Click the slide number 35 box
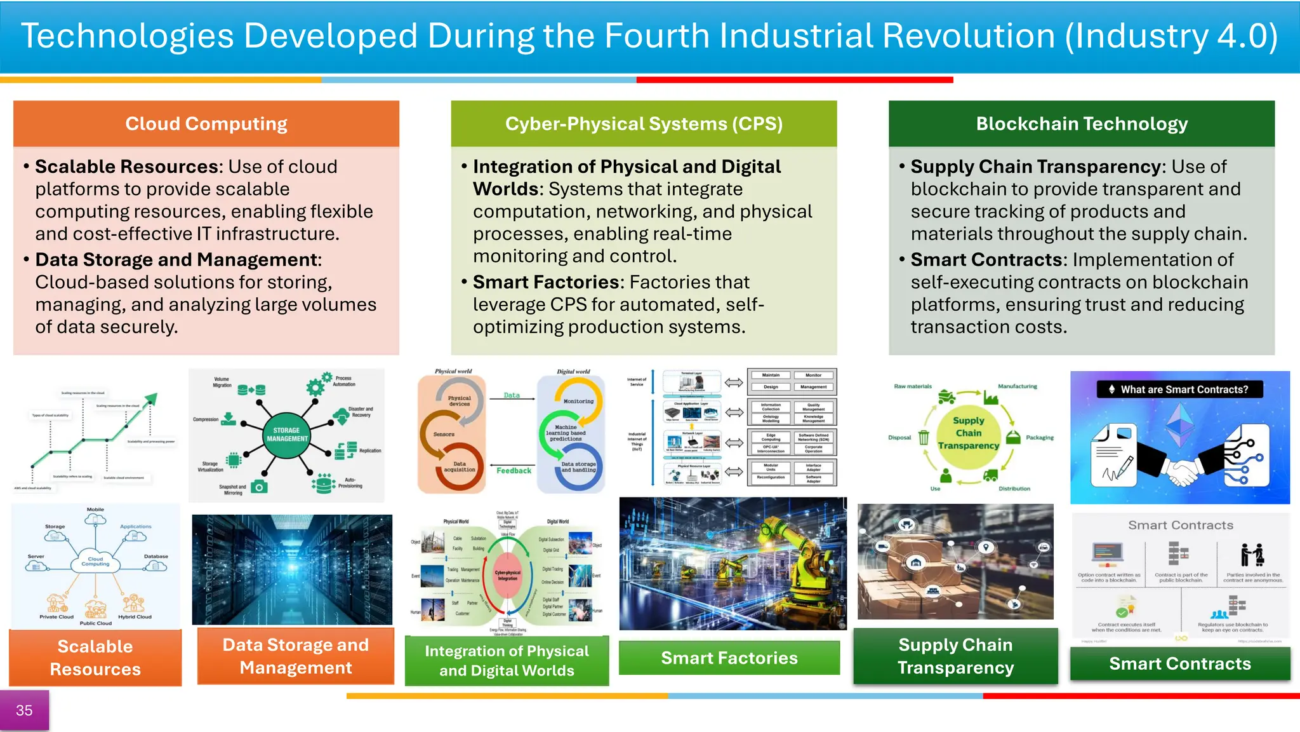pyautogui.click(x=24, y=710)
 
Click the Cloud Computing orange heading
pyautogui.click(x=206, y=124)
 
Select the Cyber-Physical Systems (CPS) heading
pyautogui.click(x=644, y=124)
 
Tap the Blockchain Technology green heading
pyautogui.click(x=1082, y=124)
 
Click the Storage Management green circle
pyautogui.click(x=287, y=435)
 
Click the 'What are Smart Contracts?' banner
pyautogui.click(x=1179, y=390)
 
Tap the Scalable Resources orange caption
pyautogui.click(x=95, y=658)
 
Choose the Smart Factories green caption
pyautogui.click(x=729, y=658)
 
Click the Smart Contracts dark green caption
pyautogui.click(x=1180, y=663)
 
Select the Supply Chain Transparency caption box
pyautogui.click(x=955, y=656)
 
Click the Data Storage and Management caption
pyautogui.click(x=296, y=656)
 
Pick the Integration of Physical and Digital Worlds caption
pyautogui.click(x=507, y=661)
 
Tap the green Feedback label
pyautogui.click(x=514, y=471)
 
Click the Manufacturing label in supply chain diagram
pyautogui.click(x=1017, y=386)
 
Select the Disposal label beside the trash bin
pyautogui.click(x=899, y=437)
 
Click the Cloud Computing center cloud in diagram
pyautogui.click(x=95, y=561)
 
